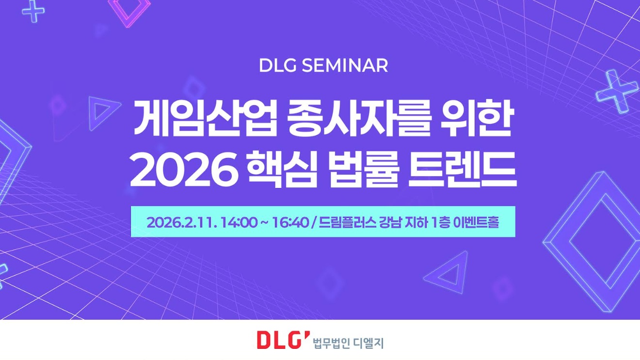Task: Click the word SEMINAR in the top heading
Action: (x=345, y=65)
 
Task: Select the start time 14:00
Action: (x=239, y=222)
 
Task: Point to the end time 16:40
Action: (x=290, y=222)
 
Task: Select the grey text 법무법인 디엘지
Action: (x=348, y=343)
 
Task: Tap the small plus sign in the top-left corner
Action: (x=33, y=11)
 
